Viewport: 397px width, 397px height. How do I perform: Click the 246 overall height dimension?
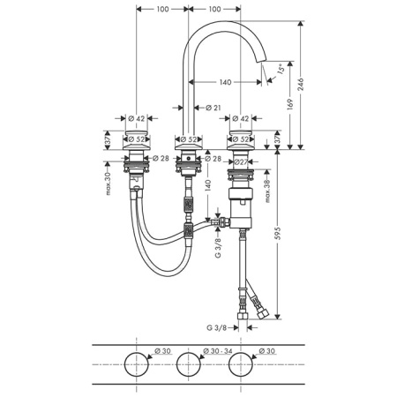301,85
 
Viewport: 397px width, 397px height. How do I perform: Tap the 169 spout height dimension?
290,104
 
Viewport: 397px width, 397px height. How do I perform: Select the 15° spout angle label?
281,68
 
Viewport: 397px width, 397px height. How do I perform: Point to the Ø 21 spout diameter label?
213,108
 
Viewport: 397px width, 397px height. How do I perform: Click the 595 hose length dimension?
278,233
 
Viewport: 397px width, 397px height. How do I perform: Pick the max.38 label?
267,191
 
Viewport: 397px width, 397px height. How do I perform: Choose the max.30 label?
109,184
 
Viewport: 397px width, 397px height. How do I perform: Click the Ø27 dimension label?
241,161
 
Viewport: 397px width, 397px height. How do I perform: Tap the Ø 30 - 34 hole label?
218,351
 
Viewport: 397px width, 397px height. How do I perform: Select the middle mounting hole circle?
189,353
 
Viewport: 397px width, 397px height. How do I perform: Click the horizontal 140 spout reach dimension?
225,82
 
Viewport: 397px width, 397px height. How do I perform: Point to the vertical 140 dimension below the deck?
207,185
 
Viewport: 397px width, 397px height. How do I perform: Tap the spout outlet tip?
261,60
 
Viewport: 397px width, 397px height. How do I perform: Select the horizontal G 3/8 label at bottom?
217,327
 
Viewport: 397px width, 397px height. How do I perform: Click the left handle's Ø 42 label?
137,118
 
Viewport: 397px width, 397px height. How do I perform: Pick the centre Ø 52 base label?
189,139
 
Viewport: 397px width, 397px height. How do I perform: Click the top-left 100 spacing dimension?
162,9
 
